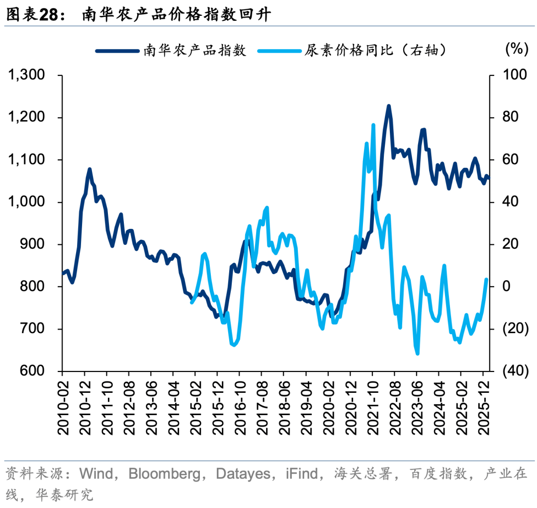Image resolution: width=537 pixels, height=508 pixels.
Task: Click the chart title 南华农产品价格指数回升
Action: pyautogui.click(x=177, y=15)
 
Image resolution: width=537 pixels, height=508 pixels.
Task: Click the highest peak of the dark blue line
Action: pyautogui.click(x=389, y=106)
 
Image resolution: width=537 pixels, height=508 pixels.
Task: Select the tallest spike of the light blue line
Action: pyautogui.click(x=373, y=125)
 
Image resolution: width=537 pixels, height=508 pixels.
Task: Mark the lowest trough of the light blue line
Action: pyautogui.click(x=417, y=354)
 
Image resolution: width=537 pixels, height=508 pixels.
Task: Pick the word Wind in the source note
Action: pyautogui.click(x=98, y=474)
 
